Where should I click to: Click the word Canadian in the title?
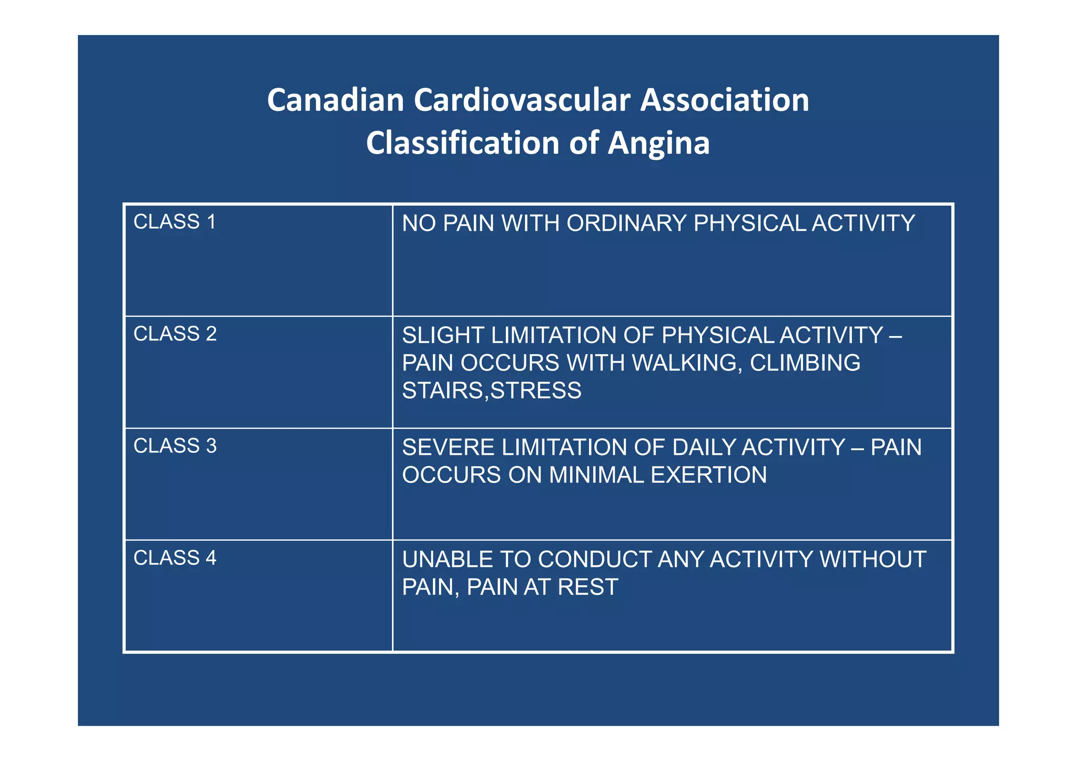(335, 100)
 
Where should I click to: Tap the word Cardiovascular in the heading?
(522, 100)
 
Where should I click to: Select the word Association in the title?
(724, 100)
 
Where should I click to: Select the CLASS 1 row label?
(175, 222)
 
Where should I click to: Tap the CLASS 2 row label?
(175, 334)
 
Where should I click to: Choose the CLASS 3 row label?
(175, 446)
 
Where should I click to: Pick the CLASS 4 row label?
(175, 558)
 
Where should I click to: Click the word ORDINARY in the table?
(626, 224)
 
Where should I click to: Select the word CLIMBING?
(805, 363)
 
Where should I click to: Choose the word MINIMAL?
(596, 475)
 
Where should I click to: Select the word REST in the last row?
(587, 587)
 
